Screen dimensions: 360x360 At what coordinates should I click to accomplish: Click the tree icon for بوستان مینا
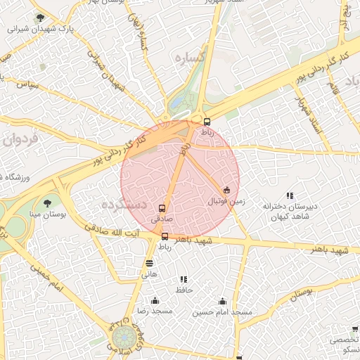point(47,204)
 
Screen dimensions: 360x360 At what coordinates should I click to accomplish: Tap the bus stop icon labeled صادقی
point(162,209)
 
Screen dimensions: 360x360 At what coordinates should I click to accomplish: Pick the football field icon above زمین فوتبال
point(226,190)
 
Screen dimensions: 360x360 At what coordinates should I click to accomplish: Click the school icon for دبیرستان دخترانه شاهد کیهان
point(290,195)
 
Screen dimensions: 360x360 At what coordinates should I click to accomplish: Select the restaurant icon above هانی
point(149,263)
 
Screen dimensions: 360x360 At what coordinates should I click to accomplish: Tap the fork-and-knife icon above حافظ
point(184,279)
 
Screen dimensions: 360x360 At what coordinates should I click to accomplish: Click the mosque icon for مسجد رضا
point(155,300)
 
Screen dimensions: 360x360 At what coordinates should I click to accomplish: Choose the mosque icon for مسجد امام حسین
point(222,300)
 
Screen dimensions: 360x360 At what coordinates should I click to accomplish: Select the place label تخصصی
point(344,339)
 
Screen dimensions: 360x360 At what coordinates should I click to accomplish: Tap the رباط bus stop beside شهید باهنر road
point(165,236)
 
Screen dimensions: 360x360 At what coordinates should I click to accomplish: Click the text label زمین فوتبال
point(226,201)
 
